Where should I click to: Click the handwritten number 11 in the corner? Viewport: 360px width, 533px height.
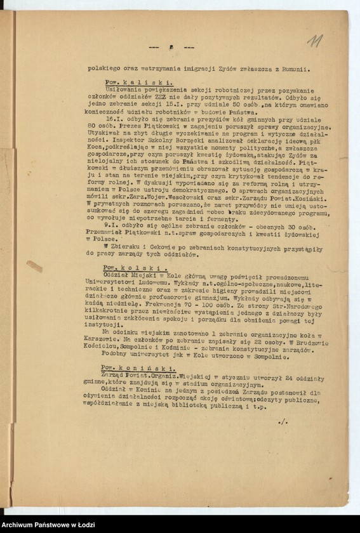[x=314, y=41]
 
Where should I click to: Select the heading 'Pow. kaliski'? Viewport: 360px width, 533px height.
[x=138, y=82]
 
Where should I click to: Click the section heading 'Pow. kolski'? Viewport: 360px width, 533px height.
[x=134, y=268]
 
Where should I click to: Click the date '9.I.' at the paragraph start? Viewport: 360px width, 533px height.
[x=113, y=225]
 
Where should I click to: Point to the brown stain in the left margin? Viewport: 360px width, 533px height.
[x=34, y=266]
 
